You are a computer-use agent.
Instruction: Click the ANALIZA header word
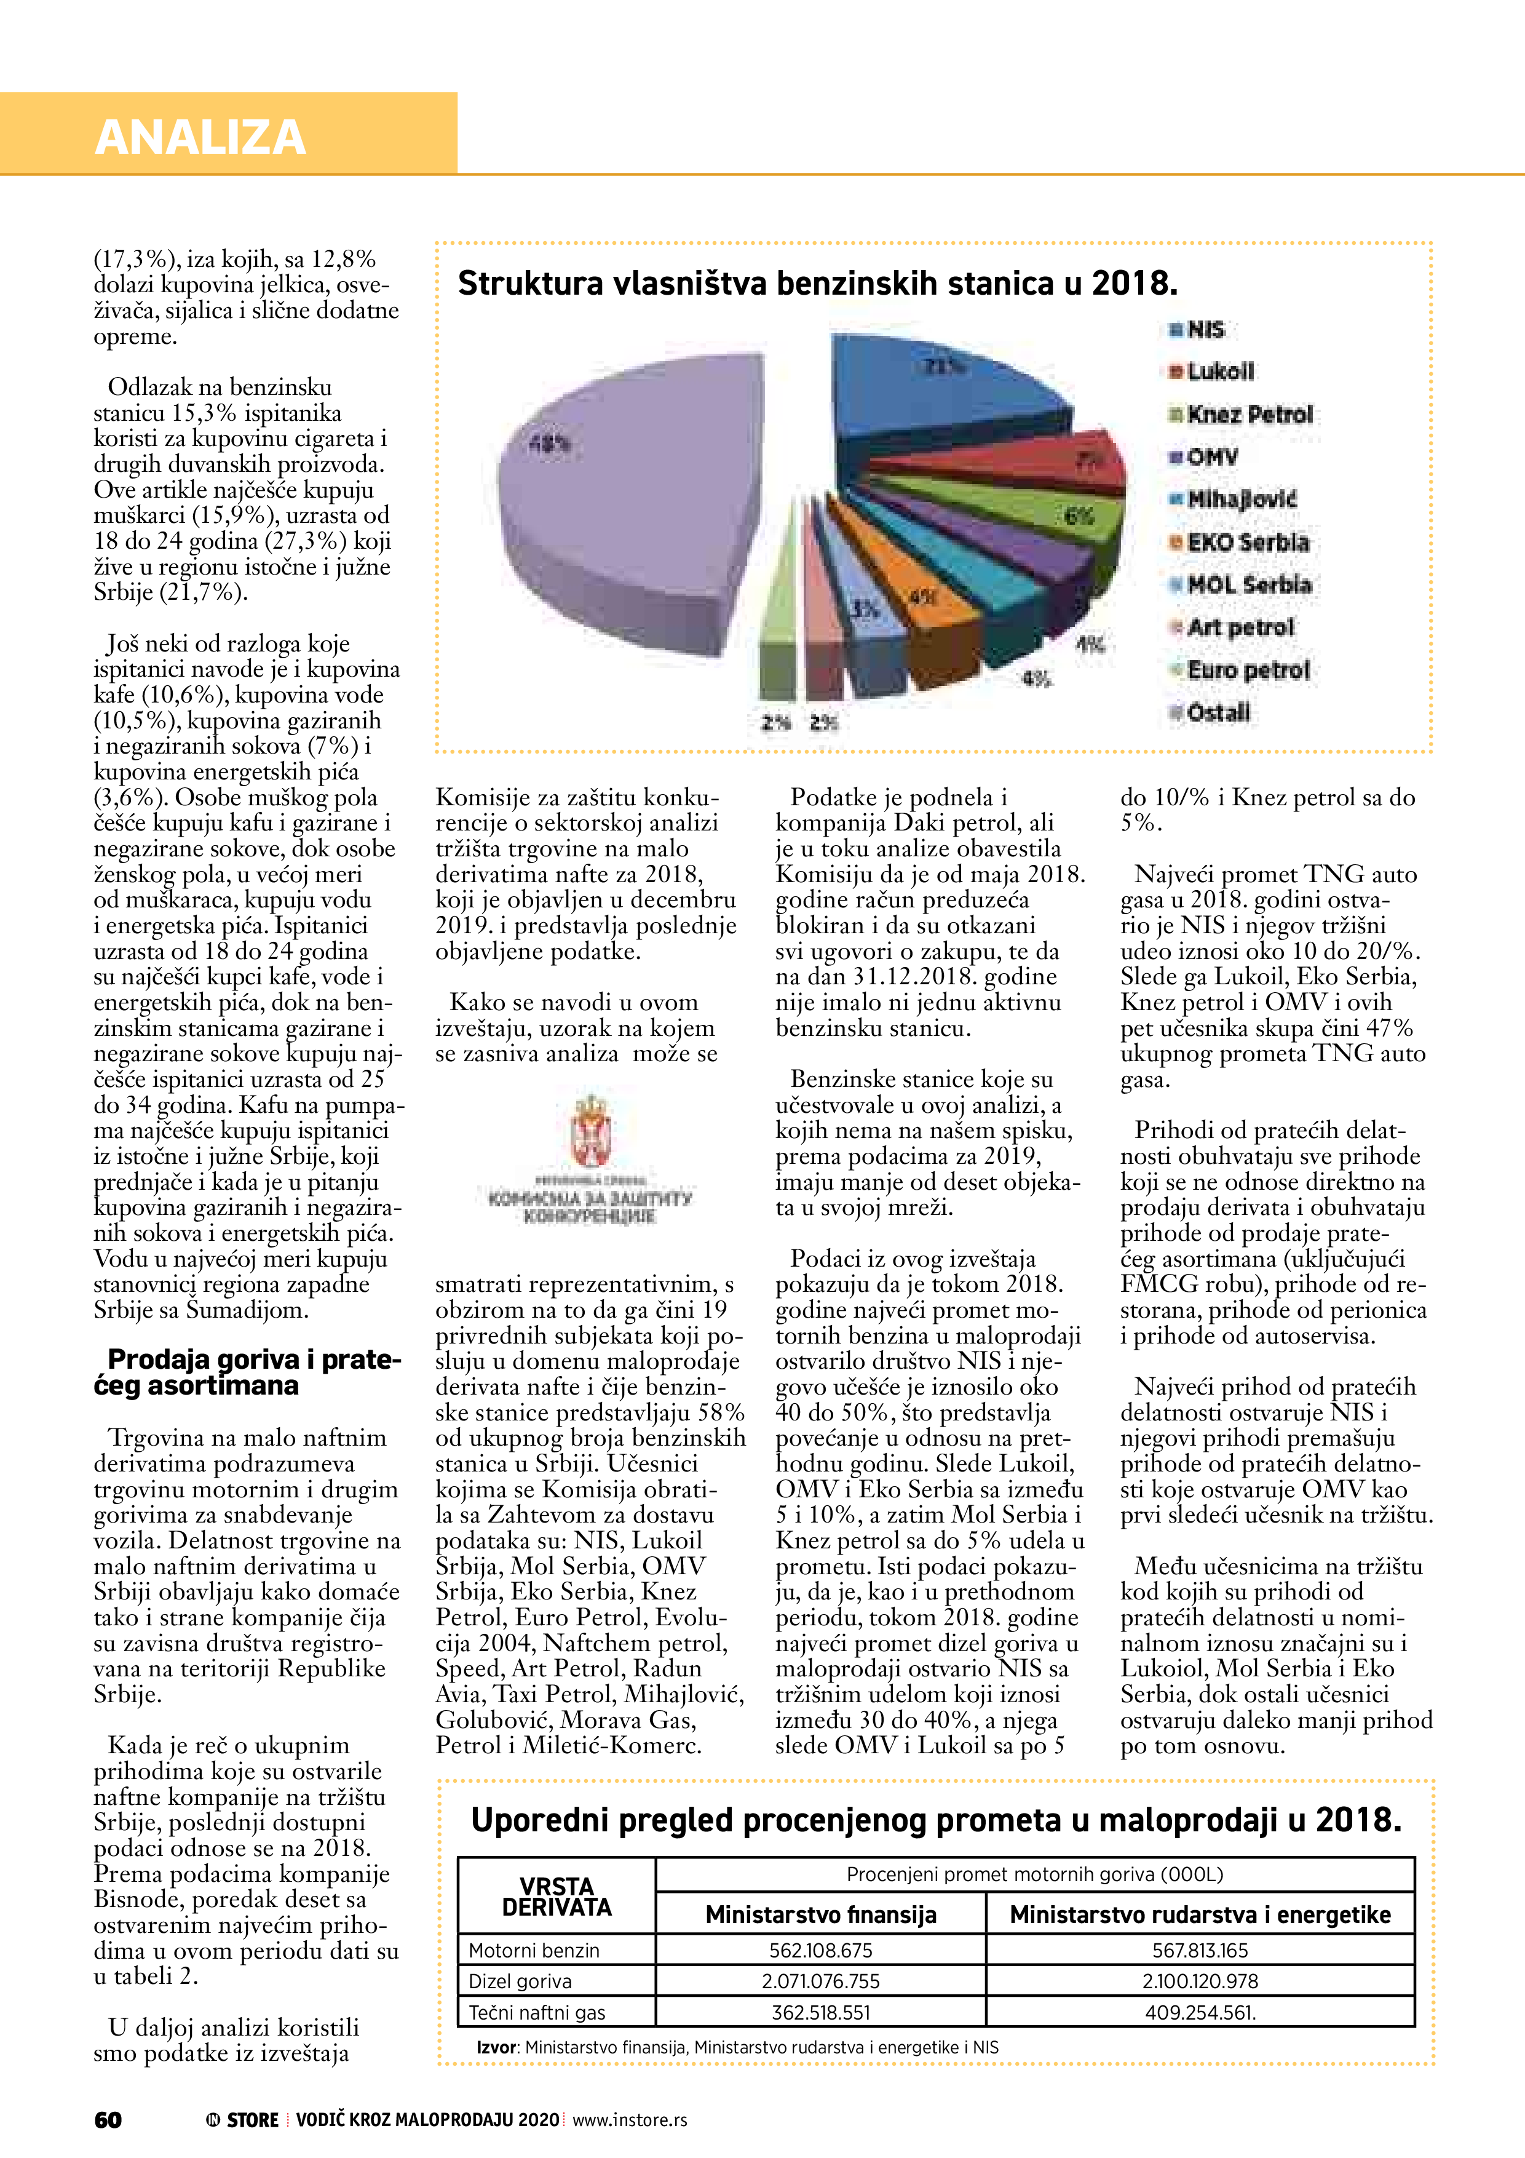point(200,137)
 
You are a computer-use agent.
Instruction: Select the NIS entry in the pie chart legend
point(1205,330)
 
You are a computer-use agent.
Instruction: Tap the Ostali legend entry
point(1218,712)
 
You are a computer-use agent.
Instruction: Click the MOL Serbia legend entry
point(1248,584)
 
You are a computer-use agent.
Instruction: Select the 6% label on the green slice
point(1079,516)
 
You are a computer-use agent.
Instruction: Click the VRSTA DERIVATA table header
point(557,1897)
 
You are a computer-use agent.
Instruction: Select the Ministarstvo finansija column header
point(820,1914)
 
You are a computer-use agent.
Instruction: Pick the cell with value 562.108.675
point(820,1950)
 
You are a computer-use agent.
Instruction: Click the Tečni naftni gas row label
point(537,2012)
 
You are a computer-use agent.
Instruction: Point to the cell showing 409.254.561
point(1200,2012)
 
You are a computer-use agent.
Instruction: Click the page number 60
point(108,2119)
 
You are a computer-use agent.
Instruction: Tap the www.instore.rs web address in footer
point(630,2119)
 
